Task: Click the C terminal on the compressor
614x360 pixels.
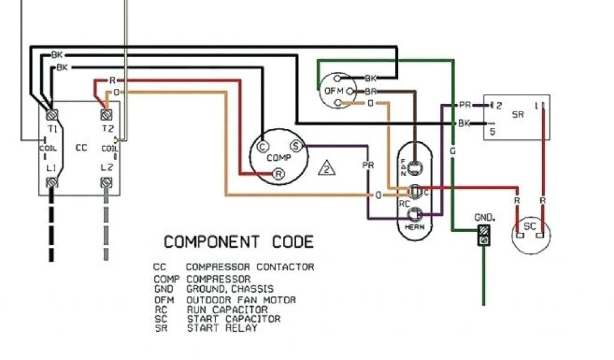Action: (261, 146)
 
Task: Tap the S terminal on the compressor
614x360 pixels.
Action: (295, 145)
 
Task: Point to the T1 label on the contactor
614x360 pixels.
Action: (52, 129)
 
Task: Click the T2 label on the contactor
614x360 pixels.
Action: (107, 129)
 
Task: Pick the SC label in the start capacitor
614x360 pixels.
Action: (530, 227)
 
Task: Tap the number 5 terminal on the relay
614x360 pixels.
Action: (492, 132)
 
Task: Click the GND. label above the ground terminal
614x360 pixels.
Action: (484, 217)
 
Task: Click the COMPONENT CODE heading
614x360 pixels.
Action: (239, 242)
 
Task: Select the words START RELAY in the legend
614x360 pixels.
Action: (222, 328)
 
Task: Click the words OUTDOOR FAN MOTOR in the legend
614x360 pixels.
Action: (241, 299)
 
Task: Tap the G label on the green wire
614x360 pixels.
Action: (453, 151)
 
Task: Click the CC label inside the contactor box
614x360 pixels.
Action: (81, 148)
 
